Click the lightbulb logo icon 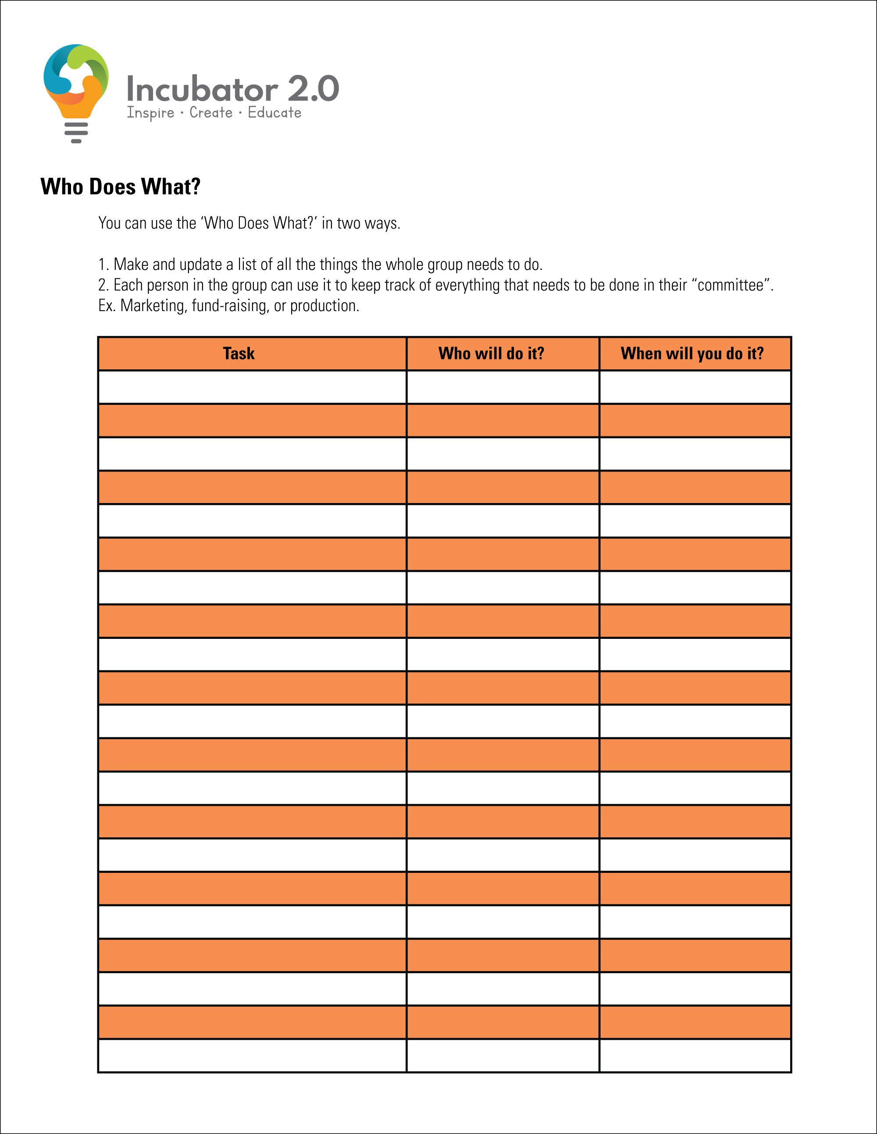[x=76, y=83]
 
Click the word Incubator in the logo [x=202, y=89]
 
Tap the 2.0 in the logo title [x=313, y=88]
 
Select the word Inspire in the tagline [x=151, y=113]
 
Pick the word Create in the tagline [x=211, y=112]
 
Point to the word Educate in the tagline [x=275, y=112]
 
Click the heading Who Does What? [x=121, y=187]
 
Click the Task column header [x=239, y=354]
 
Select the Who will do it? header [x=491, y=354]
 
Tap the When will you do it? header [x=692, y=354]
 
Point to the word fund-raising [x=230, y=306]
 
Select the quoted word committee [x=730, y=285]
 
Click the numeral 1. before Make [x=103, y=265]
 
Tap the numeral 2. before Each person [x=103, y=285]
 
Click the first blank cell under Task [x=252, y=387]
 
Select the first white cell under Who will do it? [x=503, y=387]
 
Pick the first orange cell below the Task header [x=252, y=421]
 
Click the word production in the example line [x=324, y=306]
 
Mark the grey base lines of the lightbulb [x=76, y=133]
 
